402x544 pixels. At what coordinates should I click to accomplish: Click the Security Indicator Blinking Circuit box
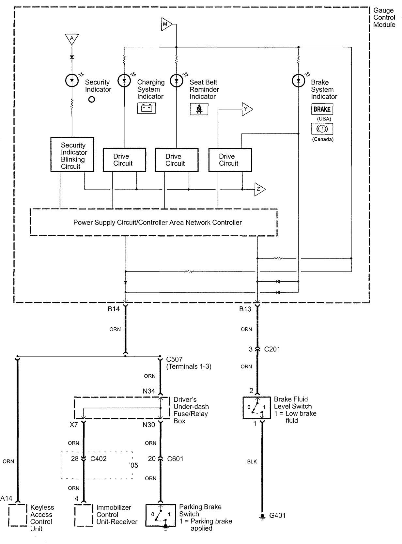tap(72, 155)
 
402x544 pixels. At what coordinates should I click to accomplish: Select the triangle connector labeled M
tap(166, 24)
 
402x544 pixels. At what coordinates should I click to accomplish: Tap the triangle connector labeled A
tap(72, 39)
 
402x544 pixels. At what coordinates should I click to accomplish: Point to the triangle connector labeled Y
tap(247, 109)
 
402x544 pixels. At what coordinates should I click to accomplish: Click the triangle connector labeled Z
tap(259, 189)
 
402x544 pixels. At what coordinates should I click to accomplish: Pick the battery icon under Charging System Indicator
tap(146, 108)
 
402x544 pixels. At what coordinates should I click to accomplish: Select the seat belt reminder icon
tap(199, 109)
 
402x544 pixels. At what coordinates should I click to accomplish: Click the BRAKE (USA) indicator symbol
tap(322, 109)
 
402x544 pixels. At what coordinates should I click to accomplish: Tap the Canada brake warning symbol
tap(322, 129)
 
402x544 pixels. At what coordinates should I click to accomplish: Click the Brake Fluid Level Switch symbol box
tap(256, 408)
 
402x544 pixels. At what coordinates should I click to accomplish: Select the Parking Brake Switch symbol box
tap(161, 515)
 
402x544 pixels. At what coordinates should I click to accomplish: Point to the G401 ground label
tap(277, 516)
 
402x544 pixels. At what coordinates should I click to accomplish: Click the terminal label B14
tap(114, 309)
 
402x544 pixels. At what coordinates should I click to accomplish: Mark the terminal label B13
tap(245, 309)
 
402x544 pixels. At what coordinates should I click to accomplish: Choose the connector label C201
tap(272, 349)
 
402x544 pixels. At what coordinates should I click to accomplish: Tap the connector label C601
tap(175, 459)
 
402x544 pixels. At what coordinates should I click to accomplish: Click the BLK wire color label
tap(252, 461)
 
